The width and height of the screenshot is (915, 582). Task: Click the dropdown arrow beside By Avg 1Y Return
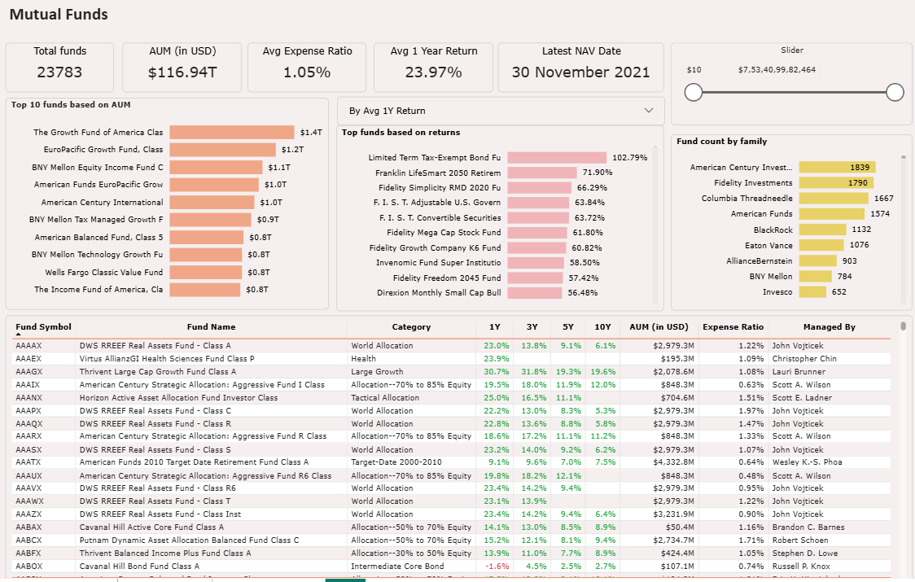point(649,111)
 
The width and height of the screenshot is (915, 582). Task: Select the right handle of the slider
point(895,92)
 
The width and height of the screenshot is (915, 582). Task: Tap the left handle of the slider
point(694,92)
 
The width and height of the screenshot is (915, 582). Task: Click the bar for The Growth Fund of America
point(232,132)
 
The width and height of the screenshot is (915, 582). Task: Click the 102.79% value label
point(629,157)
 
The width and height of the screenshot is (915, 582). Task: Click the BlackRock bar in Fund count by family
point(830,230)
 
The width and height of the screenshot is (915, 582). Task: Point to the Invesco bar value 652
point(838,292)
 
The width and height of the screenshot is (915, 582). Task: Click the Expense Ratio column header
point(733,327)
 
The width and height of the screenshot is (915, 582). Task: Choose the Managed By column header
point(829,327)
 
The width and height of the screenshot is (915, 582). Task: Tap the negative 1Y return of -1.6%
point(497,567)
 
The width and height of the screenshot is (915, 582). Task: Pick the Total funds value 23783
point(59,72)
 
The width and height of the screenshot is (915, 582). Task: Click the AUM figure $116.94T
point(182,72)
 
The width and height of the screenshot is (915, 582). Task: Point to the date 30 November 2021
point(580,72)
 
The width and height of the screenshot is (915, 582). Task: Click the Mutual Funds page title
point(59,15)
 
